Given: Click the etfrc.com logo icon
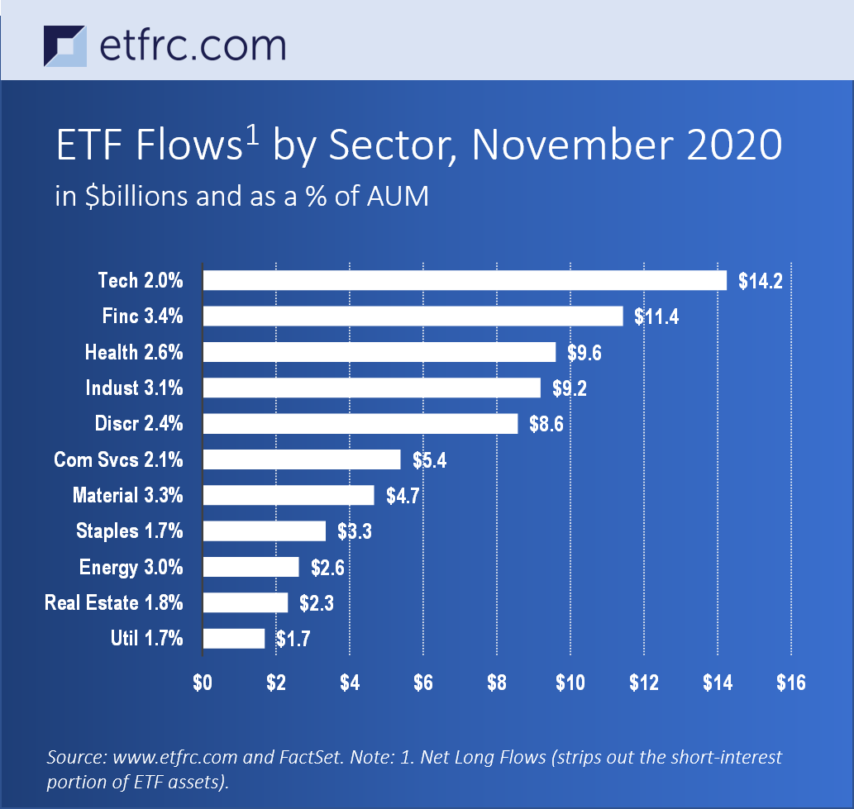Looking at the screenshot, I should (x=64, y=46).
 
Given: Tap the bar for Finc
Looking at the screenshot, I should (x=413, y=316).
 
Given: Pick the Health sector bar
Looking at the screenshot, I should (x=379, y=352).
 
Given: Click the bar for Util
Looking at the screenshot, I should (x=234, y=638).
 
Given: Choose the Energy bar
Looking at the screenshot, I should (x=250, y=567).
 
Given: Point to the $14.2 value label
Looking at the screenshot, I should (x=759, y=281).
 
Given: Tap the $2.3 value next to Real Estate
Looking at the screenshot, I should (x=317, y=603).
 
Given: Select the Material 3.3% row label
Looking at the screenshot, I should (x=127, y=496).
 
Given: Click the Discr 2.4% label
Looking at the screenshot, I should (x=139, y=424).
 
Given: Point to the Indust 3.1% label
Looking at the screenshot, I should (x=134, y=388).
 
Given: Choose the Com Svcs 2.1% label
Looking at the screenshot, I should (x=118, y=459).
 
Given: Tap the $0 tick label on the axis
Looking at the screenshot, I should (x=203, y=683).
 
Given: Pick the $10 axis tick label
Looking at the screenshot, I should (x=570, y=683).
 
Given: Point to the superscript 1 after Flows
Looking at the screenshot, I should (x=253, y=134).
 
